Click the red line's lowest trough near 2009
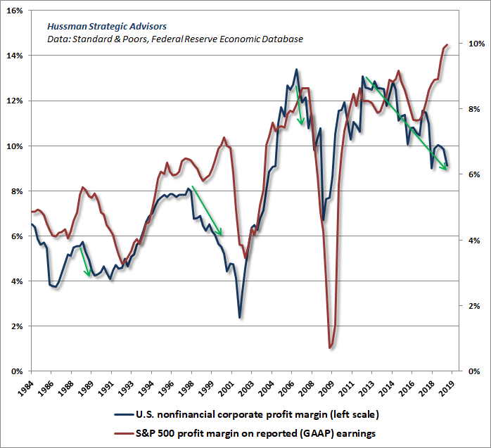330,347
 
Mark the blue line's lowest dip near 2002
240,317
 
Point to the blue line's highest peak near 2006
296,70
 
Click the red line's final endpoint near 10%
447,45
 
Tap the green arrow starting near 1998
208,211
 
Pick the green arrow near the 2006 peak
300,105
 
